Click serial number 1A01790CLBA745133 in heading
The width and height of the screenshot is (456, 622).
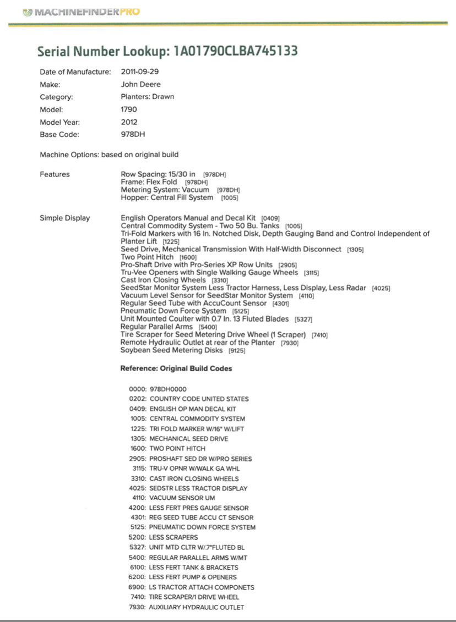[x=235, y=51]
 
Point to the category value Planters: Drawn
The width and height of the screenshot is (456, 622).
[x=147, y=97]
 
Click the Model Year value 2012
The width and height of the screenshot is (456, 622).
[x=129, y=122]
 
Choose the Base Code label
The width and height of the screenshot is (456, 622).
[x=59, y=135]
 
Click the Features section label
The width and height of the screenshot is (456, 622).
[x=55, y=174]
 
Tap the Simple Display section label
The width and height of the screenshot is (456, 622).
[x=64, y=218]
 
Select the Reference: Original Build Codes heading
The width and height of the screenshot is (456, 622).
[x=176, y=368]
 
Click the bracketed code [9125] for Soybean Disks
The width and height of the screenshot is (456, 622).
[x=237, y=350]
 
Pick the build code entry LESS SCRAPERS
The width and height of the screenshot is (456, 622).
[x=173, y=537]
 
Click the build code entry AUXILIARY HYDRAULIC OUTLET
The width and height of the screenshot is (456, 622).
[x=197, y=607]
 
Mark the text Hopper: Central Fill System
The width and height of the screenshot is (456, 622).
[x=167, y=197]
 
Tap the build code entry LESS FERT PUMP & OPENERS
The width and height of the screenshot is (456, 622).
[x=193, y=577]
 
